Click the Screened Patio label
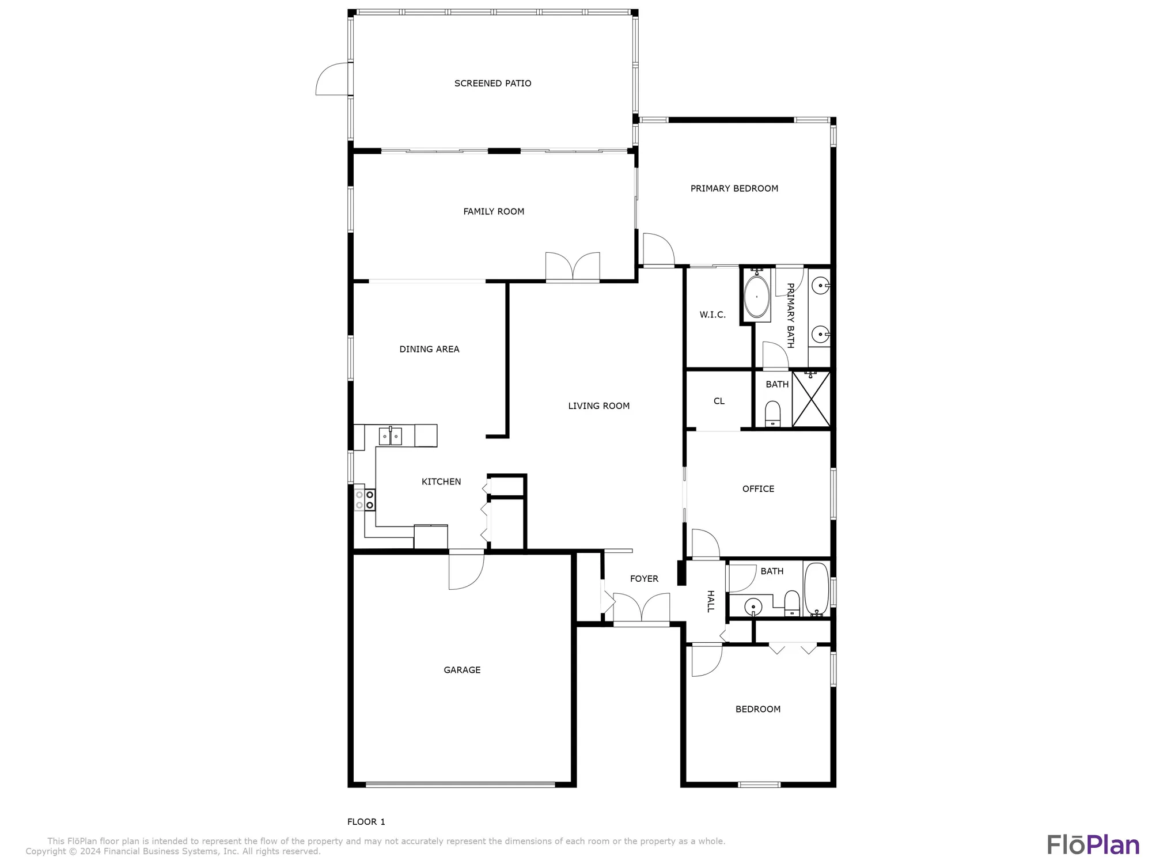point(492,84)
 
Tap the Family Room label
point(494,211)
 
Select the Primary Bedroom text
point(734,188)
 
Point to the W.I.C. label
point(713,314)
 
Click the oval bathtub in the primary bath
point(756,297)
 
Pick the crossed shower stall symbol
point(811,400)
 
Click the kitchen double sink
point(391,436)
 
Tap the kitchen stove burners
point(365,499)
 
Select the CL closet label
point(719,401)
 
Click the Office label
point(758,489)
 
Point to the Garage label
point(462,670)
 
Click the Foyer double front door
point(641,609)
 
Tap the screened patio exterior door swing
point(333,79)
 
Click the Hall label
point(711,601)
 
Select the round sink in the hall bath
point(753,607)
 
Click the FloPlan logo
point(1093,844)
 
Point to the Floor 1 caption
point(366,822)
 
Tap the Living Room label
point(598,406)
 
